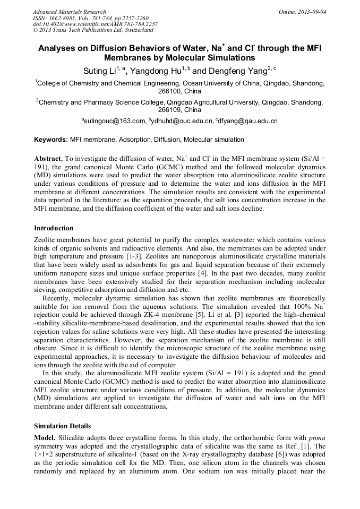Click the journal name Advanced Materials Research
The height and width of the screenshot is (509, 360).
tap(69, 12)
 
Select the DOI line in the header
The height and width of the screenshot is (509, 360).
tap(95, 24)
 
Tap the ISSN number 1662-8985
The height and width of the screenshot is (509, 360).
tap(65, 18)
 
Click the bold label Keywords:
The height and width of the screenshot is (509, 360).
tap(51, 140)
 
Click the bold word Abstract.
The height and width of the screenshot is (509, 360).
tap(49, 159)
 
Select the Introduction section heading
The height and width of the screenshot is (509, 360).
tap(54, 228)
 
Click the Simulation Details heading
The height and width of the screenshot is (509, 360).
tap(62, 426)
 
